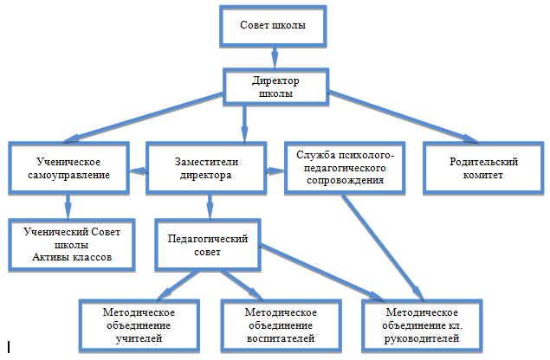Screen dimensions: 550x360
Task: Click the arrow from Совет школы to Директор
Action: pos(275,58)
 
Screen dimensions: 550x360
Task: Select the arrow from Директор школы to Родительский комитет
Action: pos(404,117)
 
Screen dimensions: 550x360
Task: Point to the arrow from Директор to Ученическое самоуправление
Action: pos(144,118)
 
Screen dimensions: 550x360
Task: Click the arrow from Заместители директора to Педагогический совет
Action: pos(210,207)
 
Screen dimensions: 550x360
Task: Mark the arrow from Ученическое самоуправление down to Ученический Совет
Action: pos(68,207)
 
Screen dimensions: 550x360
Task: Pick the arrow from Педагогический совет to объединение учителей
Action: pos(178,286)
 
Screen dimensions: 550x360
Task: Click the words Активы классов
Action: pos(72,257)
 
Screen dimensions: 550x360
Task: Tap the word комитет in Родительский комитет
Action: pos(483,175)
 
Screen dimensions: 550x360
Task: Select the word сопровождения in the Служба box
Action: pos(345,181)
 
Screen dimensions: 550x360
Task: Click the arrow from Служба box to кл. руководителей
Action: pos(384,247)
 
